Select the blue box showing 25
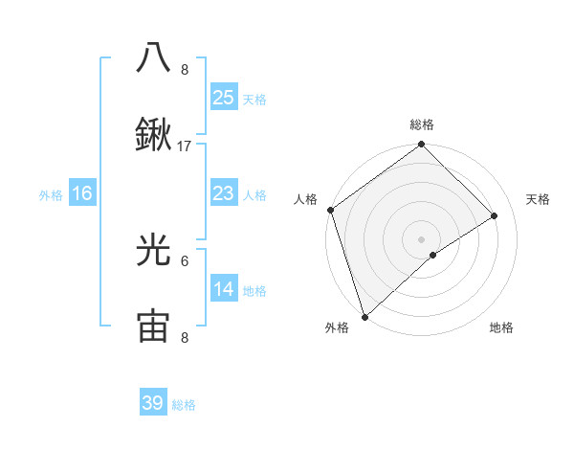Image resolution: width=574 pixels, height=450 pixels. [223, 97]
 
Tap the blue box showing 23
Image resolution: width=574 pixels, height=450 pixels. [223, 193]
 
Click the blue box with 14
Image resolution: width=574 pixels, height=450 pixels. [223, 289]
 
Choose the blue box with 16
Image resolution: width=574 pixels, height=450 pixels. [82, 193]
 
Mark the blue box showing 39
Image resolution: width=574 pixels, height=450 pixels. [153, 403]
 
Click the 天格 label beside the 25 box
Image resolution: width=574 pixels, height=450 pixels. [254, 99]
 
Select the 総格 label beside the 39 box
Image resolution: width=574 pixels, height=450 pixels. [185, 405]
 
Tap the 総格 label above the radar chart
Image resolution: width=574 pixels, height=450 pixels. [422, 124]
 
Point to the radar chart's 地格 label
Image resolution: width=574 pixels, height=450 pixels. [501, 328]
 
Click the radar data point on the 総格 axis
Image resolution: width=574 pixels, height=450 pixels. [422, 146]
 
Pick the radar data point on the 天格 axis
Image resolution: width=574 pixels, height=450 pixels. [495, 215]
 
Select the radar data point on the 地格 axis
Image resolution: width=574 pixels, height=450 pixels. [433, 255]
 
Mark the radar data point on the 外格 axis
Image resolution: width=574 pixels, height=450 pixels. [364, 316]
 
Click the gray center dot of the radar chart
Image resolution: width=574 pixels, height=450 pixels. [422, 238]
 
